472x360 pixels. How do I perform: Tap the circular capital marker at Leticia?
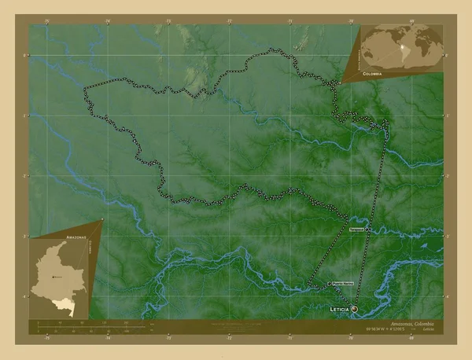(355, 309)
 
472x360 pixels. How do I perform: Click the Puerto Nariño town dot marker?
(329, 284)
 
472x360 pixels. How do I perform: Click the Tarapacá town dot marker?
(367, 230)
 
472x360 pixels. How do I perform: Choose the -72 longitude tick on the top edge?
(229, 21)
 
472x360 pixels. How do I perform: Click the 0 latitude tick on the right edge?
(446, 56)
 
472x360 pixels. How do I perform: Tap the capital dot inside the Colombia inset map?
(52, 277)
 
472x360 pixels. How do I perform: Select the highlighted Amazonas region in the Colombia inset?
(74, 303)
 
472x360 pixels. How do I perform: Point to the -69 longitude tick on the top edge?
(411, 21)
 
